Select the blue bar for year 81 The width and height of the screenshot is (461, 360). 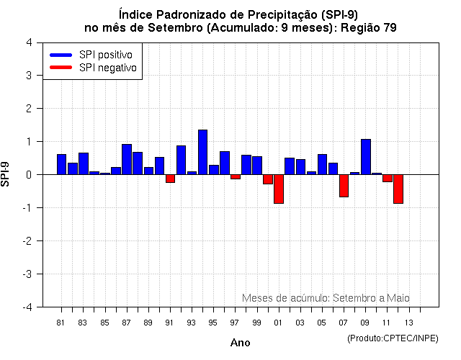(61, 164)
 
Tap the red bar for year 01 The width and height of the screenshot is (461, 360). (278, 189)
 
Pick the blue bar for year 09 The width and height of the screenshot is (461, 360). (365, 156)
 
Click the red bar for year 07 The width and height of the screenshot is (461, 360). (344, 186)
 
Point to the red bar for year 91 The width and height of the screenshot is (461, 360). (170, 179)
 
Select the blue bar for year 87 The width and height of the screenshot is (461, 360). (127, 159)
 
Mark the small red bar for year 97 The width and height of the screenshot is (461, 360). (235, 176)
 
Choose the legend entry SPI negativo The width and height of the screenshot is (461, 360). (110, 68)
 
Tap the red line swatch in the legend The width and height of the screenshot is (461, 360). (61, 68)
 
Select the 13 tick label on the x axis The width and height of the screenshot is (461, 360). (408, 322)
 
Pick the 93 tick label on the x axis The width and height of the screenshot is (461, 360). (192, 322)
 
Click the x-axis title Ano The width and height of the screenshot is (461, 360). (240, 343)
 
